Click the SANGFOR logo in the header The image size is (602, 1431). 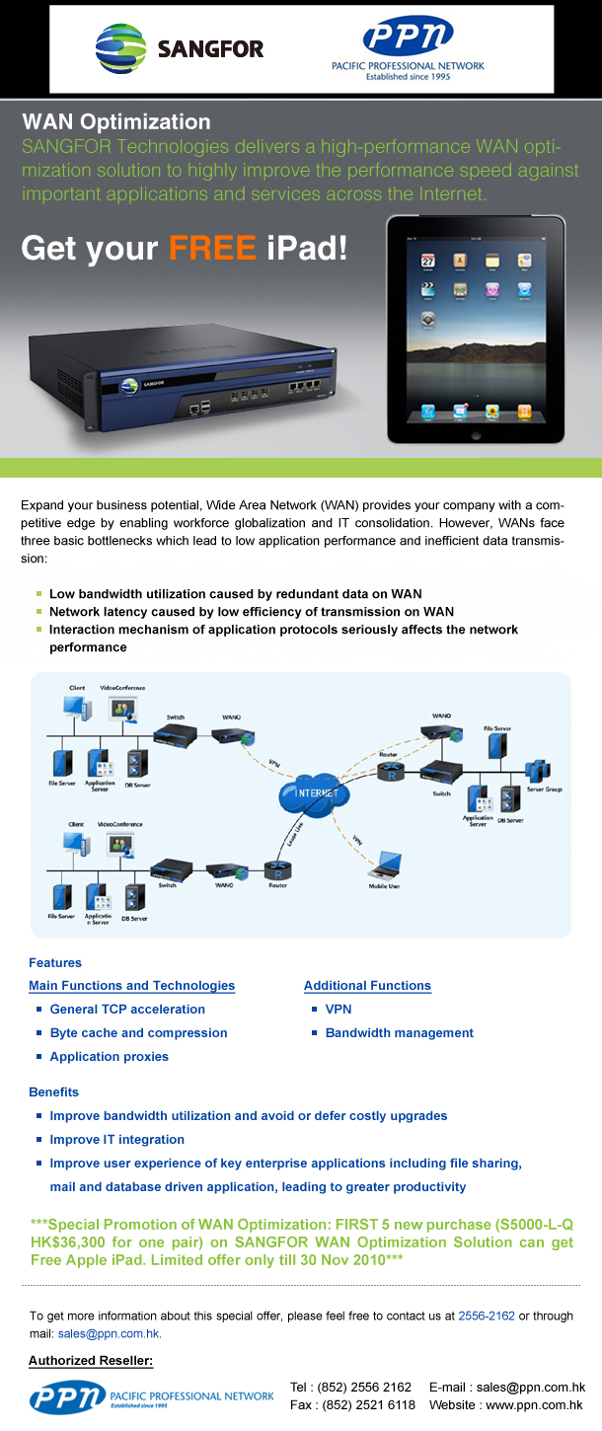180,47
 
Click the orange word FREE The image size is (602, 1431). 212,247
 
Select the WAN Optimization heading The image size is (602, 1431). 116,122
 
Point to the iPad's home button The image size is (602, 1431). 476,434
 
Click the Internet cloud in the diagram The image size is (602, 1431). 317,793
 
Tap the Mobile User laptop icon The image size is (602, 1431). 383,866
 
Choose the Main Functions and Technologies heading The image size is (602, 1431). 132,985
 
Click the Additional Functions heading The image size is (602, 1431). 367,985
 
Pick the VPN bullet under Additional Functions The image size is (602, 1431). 339,1009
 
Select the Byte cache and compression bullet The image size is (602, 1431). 138,1032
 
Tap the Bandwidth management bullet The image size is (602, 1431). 399,1032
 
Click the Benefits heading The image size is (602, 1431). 54,1092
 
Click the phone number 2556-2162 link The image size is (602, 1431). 487,1316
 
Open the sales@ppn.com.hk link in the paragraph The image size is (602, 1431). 110,1333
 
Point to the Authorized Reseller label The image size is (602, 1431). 91,1362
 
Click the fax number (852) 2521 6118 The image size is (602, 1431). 366,1404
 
